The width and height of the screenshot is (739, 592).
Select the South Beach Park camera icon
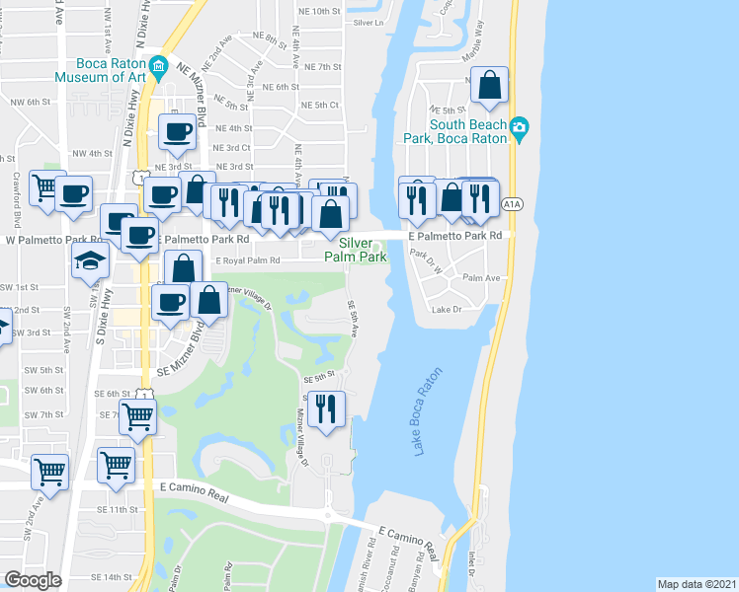(519, 127)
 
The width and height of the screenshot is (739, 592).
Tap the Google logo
(33, 579)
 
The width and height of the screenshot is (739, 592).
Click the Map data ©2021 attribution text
(697, 583)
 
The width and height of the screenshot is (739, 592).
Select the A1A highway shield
(510, 204)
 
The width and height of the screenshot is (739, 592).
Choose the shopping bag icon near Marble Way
(489, 87)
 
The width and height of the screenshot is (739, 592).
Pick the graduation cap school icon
(90, 262)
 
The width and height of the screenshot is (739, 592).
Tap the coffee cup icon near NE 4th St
(178, 132)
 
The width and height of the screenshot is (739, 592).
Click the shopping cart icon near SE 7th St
(137, 417)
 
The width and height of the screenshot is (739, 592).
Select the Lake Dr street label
(447, 310)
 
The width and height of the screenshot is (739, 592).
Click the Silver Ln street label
(367, 21)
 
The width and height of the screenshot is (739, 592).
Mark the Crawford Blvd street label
(18, 201)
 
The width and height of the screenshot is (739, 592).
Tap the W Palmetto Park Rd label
(54, 239)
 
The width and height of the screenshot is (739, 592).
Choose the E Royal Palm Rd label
(247, 260)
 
